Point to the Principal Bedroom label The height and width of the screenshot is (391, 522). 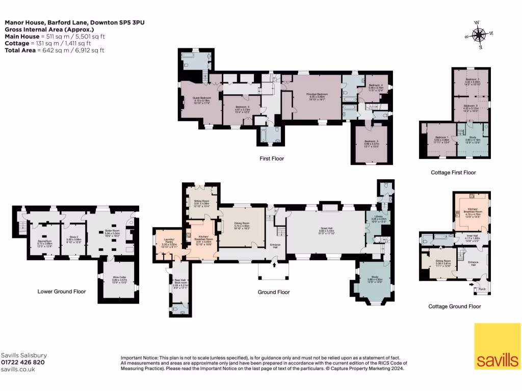(317, 95)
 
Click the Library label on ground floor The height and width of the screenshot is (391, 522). (374, 218)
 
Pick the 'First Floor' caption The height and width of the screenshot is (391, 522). (271, 159)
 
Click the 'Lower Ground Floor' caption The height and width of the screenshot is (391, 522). (62, 292)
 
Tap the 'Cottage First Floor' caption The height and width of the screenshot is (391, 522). (453, 173)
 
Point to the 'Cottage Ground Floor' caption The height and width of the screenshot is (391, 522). (454, 306)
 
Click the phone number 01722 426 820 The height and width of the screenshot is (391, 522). (22, 362)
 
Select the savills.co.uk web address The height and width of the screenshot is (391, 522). (18, 370)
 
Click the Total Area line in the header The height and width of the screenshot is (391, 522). (55, 50)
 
